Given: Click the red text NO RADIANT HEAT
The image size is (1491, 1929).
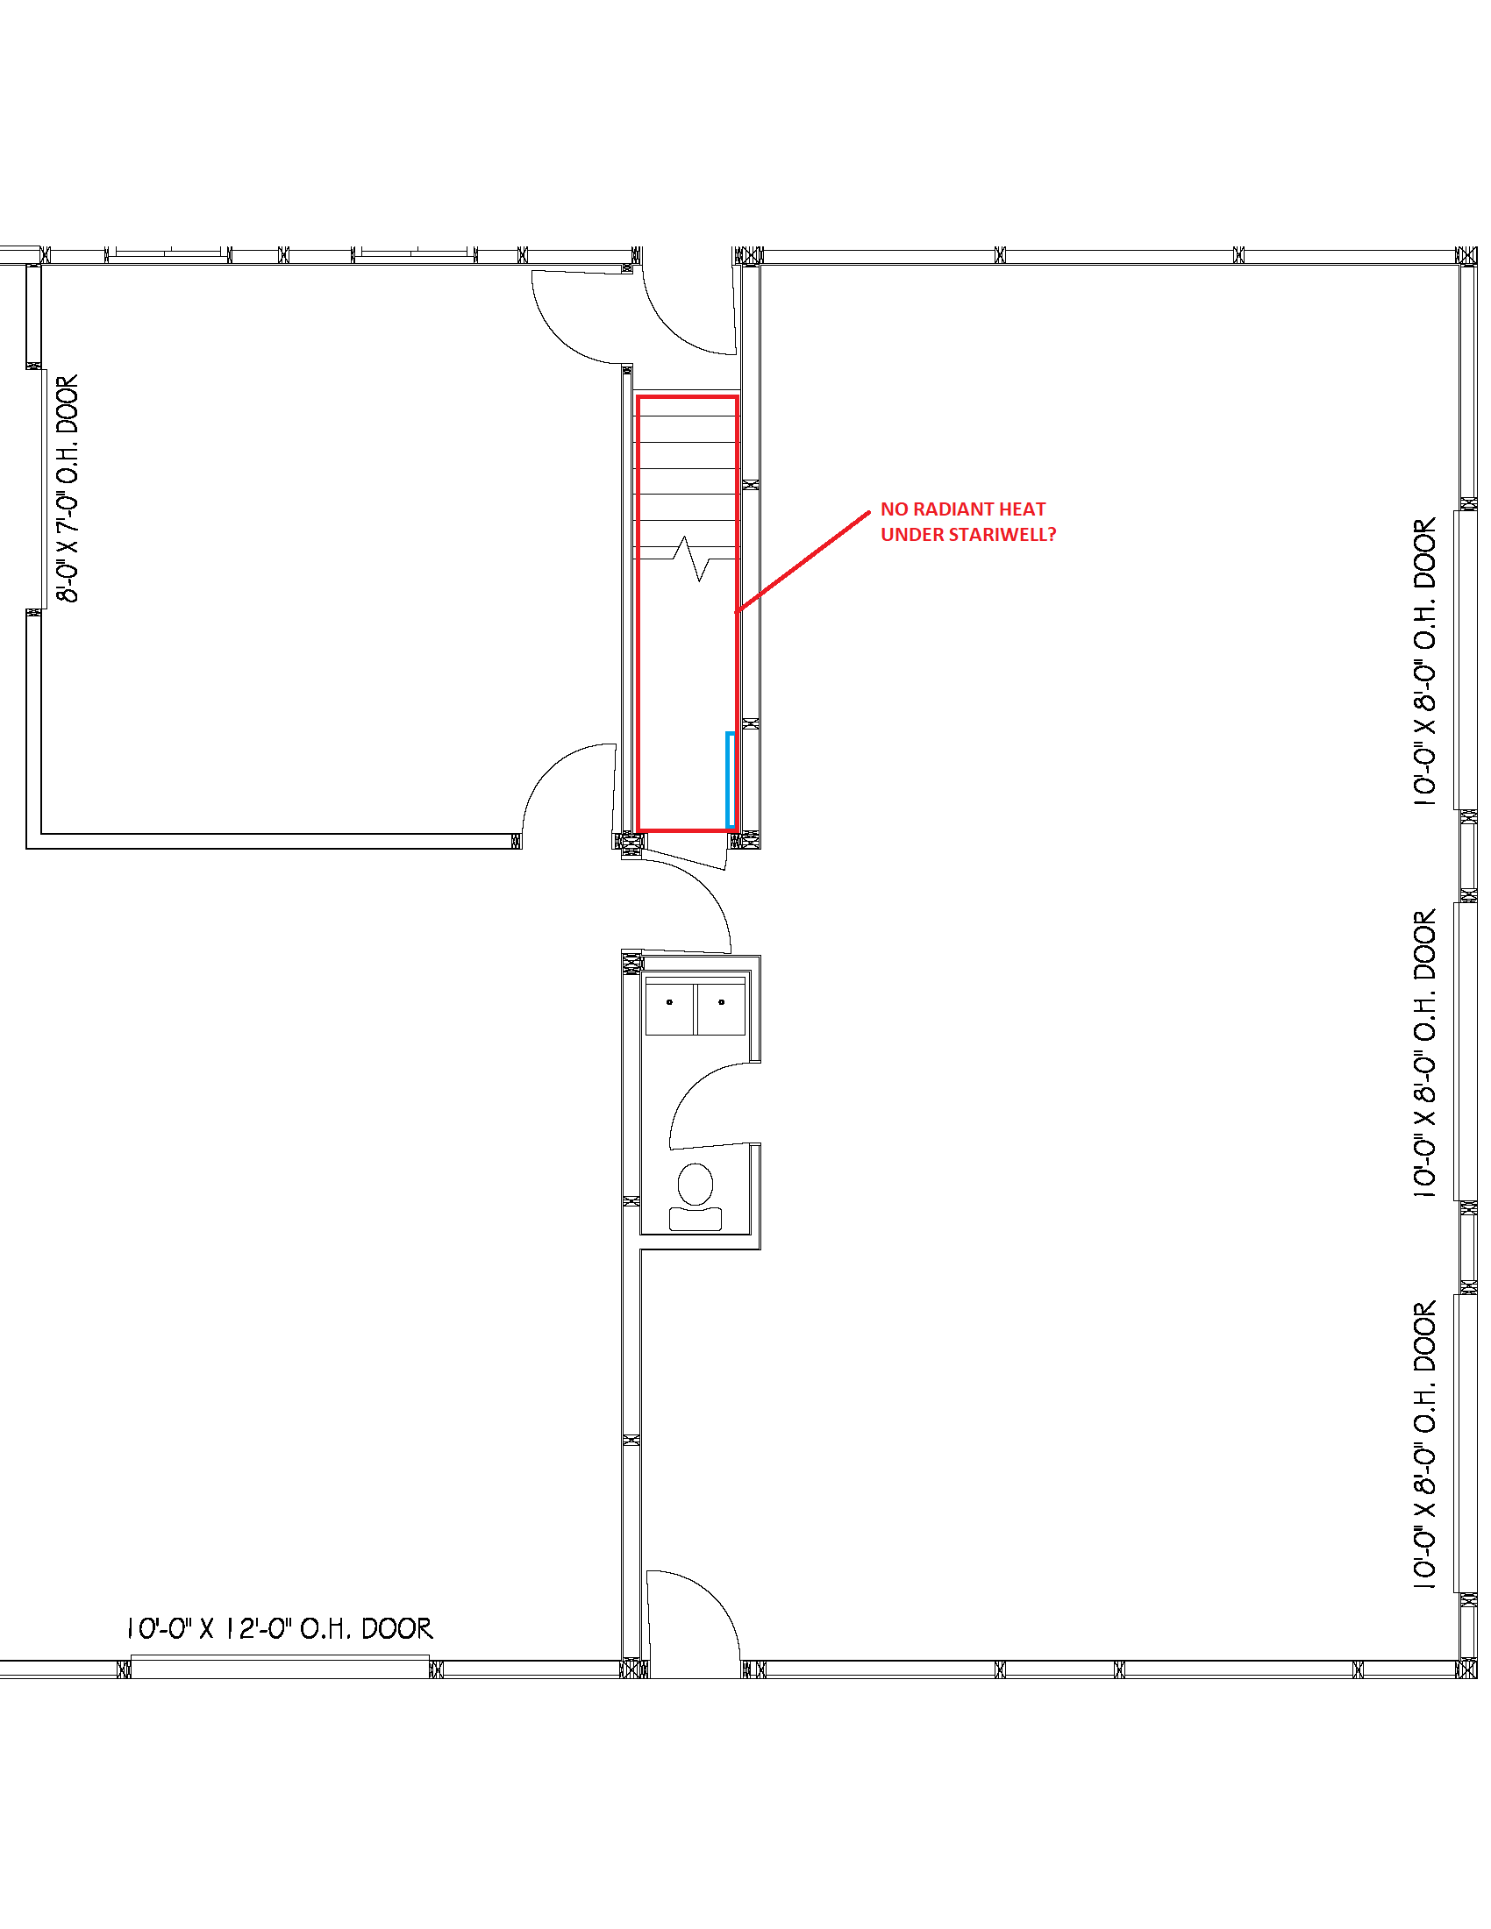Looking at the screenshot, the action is tap(963, 509).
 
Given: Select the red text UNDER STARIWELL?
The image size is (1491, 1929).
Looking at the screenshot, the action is tap(968, 534).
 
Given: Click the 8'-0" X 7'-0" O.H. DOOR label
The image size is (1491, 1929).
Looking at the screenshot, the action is tap(68, 488).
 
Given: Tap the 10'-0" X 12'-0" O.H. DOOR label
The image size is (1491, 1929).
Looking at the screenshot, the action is tap(279, 1628).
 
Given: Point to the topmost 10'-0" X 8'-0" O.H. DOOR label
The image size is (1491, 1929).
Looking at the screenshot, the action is tap(1424, 661).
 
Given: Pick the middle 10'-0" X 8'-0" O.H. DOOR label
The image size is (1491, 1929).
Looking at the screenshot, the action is tap(1424, 1053).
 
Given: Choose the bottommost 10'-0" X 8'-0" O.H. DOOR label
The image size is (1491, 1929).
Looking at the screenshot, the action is tap(1424, 1445).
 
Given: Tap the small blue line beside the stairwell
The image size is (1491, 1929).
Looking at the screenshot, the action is tap(728, 779).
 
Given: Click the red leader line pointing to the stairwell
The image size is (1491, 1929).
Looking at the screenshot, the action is tap(803, 561).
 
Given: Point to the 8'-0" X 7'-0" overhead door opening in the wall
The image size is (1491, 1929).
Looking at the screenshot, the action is tap(40, 488).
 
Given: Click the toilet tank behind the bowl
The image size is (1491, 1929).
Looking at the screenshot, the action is tap(696, 1219).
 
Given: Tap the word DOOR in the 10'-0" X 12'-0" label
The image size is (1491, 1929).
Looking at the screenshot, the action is tap(397, 1628).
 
